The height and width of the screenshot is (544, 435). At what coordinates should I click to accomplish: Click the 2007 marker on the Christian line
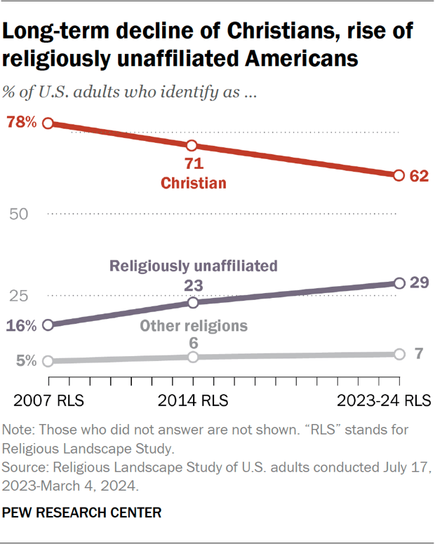click(48, 123)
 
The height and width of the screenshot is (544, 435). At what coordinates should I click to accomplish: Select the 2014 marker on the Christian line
click(193, 145)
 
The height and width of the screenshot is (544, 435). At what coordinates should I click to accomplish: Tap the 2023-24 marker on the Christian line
click(399, 175)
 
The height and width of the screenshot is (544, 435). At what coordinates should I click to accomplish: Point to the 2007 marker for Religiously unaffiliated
click(48, 325)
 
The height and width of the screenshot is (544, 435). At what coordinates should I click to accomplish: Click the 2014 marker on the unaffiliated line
click(193, 302)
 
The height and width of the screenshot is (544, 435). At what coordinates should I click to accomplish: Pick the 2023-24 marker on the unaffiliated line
click(399, 283)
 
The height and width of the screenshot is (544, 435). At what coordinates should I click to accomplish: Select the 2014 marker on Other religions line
click(193, 357)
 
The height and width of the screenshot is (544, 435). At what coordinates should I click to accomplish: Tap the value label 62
click(419, 176)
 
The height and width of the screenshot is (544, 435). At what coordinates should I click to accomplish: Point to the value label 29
click(419, 284)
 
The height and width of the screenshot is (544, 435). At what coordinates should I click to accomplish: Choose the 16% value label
click(21, 325)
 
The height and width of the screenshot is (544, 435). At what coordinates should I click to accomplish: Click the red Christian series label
click(194, 184)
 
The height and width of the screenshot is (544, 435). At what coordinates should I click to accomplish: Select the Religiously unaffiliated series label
click(194, 266)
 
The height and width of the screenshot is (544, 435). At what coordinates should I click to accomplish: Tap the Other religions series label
click(194, 326)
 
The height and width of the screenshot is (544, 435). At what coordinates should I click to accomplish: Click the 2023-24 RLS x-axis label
click(382, 401)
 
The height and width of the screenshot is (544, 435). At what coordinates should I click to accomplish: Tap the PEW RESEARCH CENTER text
click(82, 513)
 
